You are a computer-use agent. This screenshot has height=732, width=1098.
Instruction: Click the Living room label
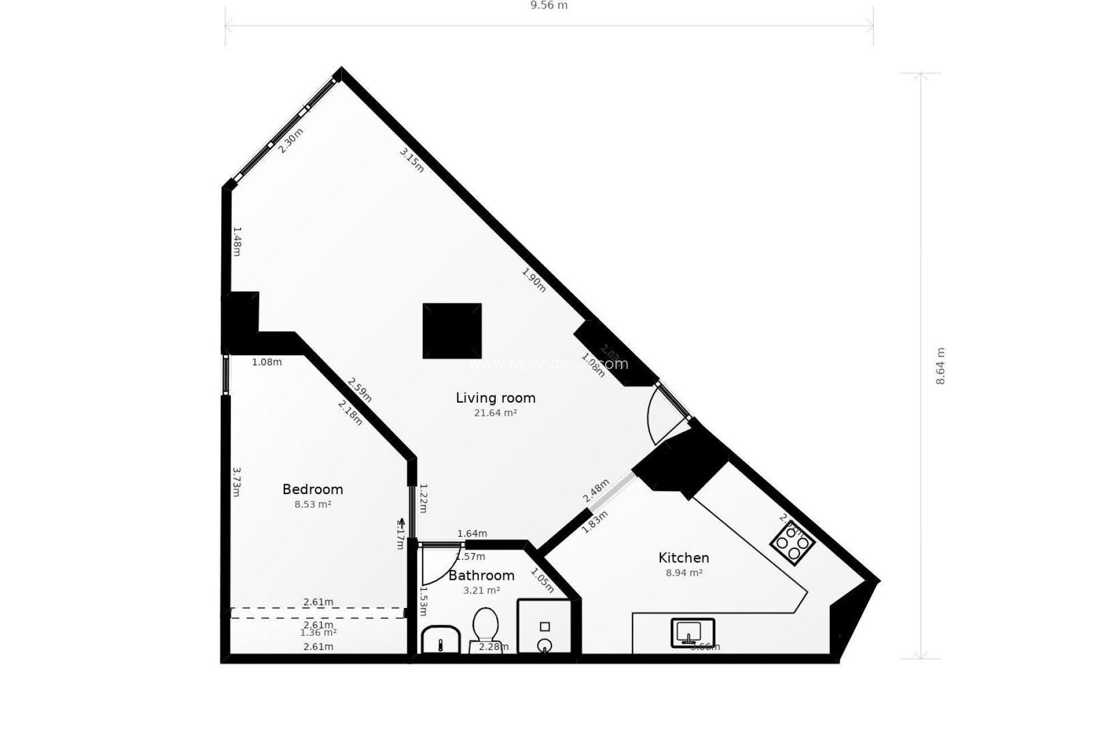[495, 397]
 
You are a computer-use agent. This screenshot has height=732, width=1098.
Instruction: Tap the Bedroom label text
[313, 490]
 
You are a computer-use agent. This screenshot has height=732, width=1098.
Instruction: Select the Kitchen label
[683, 558]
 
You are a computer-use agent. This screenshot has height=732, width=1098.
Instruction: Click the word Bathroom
[481, 575]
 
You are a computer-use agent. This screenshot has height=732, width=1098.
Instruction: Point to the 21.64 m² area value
[495, 413]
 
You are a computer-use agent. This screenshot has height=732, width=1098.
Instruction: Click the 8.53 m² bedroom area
[313, 504]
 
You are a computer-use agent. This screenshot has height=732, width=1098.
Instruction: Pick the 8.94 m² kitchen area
[683, 572]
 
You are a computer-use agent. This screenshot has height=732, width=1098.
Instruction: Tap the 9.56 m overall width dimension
[549, 6]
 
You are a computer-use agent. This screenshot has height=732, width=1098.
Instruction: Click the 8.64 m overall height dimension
[940, 366]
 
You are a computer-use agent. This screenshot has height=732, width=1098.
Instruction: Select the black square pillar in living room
[452, 331]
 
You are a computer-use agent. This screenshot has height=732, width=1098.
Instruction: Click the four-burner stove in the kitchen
[792, 542]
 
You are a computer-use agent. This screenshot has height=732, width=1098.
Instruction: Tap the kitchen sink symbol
[692, 632]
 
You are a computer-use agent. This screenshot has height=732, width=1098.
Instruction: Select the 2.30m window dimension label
[291, 141]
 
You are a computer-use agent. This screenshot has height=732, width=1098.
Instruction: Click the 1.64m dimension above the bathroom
[472, 534]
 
